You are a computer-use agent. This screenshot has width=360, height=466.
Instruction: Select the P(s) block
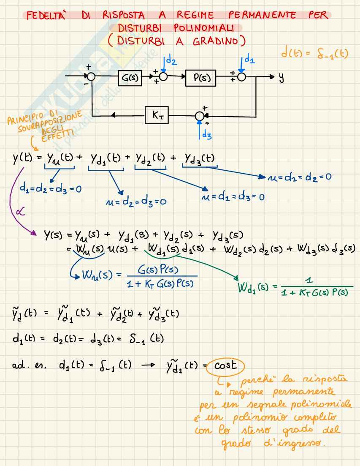coord(200,78)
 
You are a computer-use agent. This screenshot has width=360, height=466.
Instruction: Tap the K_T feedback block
coord(157,115)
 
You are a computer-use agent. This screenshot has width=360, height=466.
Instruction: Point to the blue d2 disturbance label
coord(171,62)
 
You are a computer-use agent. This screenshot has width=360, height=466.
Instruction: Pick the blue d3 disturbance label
coord(207,135)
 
